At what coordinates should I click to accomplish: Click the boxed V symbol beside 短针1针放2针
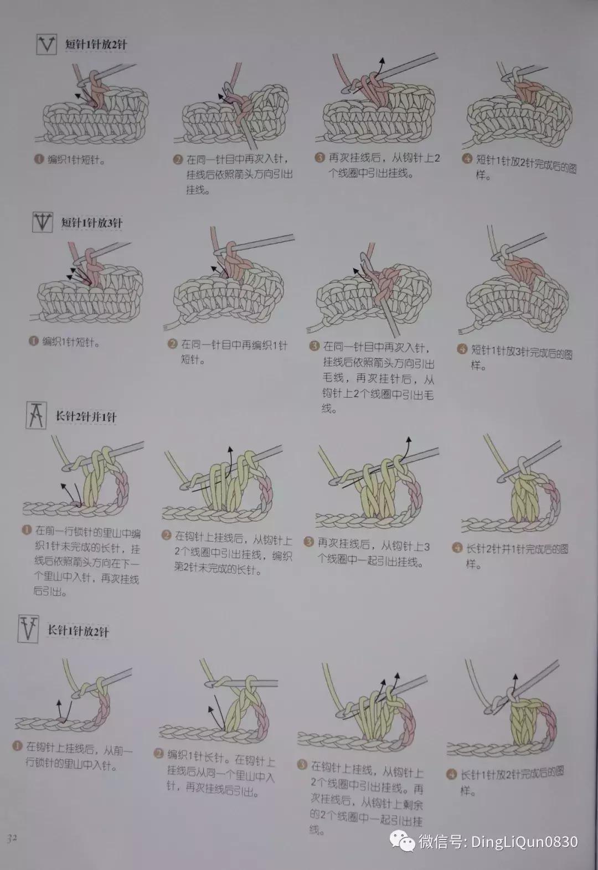[47, 44]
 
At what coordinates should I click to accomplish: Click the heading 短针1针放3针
[91, 223]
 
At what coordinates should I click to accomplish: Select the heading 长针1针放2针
[78, 631]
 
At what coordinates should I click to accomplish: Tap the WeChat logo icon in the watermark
[403, 842]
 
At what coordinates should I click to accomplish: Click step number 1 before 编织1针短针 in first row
[39, 159]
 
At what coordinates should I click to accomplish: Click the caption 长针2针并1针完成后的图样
[516, 557]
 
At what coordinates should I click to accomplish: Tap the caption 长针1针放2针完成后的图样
[512, 781]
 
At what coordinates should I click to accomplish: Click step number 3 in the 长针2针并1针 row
[309, 541]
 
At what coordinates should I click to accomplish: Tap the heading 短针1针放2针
[95, 45]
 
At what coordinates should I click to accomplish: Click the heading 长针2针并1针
[86, 416]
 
